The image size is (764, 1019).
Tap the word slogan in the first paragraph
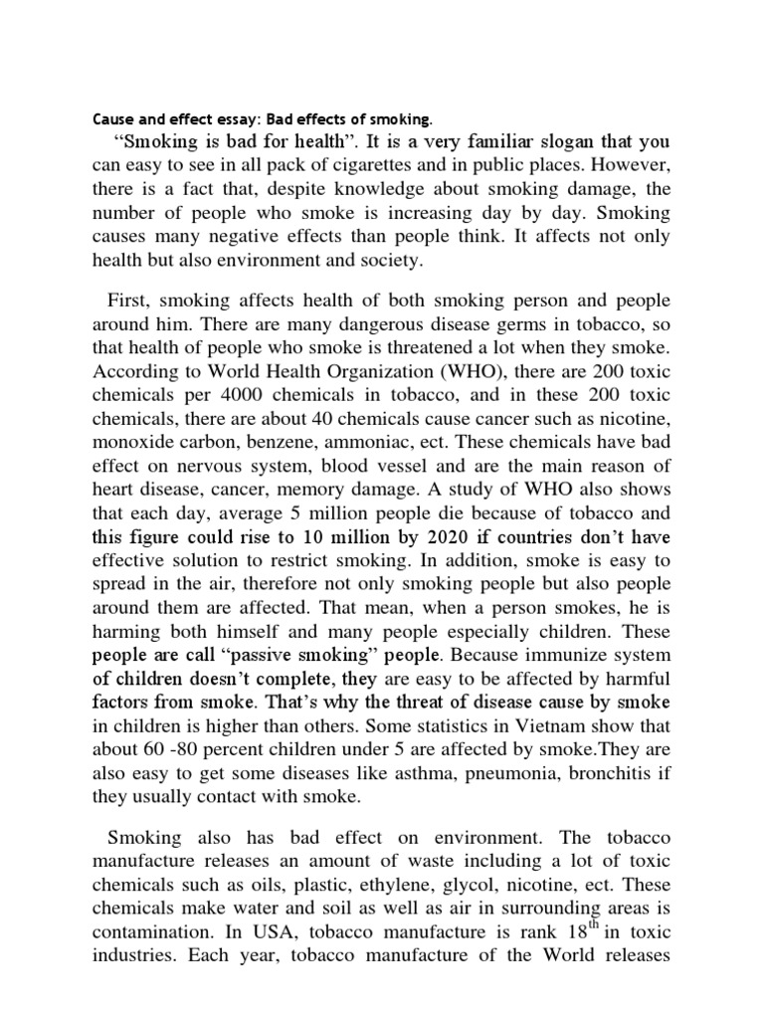tap(524, 140)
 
